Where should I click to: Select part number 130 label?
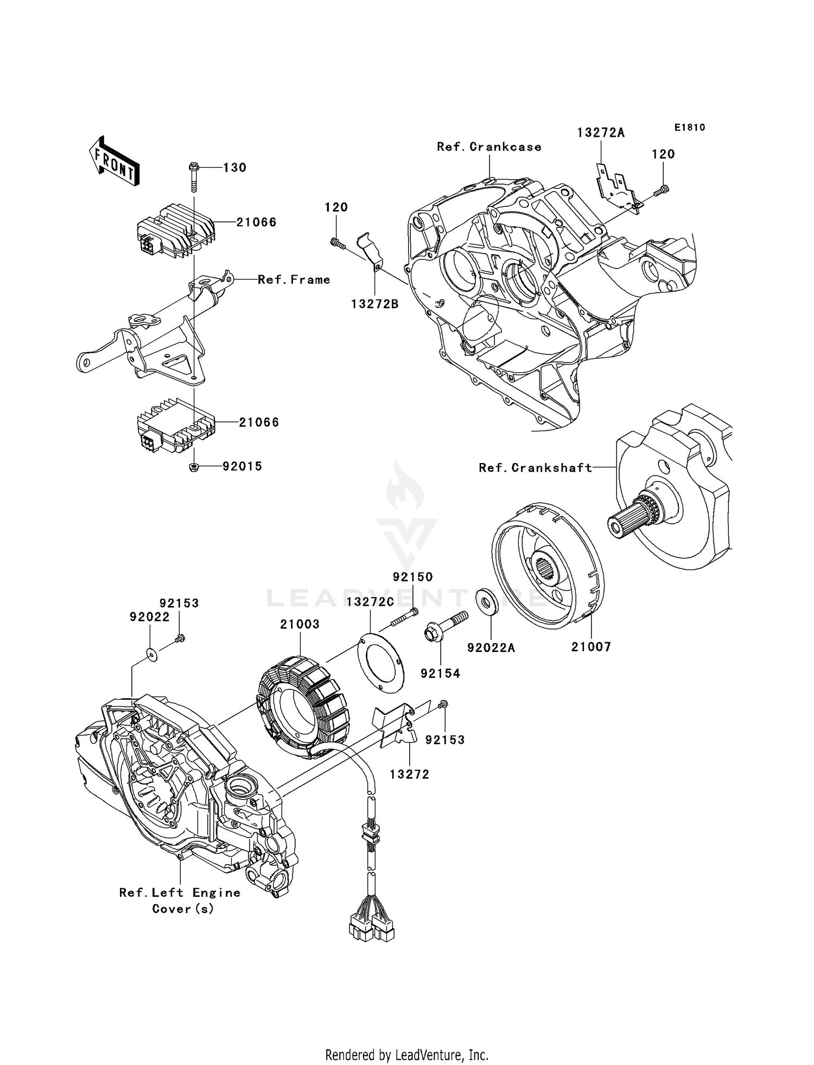pyautogui.click(x=234, y=168)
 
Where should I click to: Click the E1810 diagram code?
pyautogui.click(x=690, y=128)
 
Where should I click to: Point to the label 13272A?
pyautogui.click(x=600, y=133)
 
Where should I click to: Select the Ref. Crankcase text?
pyautogui.click(x=489, y=147)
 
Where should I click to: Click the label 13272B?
pyautogui.click(x=374, y=305)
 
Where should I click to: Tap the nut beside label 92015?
pyautogui.click(x=194, y=466)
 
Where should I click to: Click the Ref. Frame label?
pyautogui.click(x=294, y=280)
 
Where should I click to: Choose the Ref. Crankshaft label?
pyautogui.click(x=535, y=468)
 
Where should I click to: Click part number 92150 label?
pyautogui.click(x=413, y=577)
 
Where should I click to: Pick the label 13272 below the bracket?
pyautogui.click(x=409, y=775)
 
